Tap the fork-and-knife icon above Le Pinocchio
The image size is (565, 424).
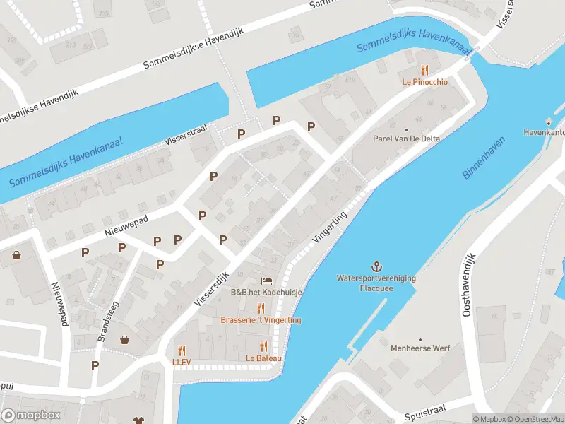click(424, 69)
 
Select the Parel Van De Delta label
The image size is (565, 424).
click(406, 139)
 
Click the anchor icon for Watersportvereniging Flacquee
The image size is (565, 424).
click(376, 267)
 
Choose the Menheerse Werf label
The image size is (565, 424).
click(420, 348)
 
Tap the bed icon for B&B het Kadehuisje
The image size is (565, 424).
click(266, 281)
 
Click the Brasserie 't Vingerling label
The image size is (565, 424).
click(261, 320)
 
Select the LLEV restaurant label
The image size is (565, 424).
click(182, 362)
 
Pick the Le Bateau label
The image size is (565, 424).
click(263, 358)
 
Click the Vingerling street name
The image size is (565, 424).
click(331, 227)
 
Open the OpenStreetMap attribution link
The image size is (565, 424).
click(534, 419)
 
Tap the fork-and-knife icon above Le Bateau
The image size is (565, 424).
click(263, 346)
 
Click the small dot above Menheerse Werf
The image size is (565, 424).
click(420, 340)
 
